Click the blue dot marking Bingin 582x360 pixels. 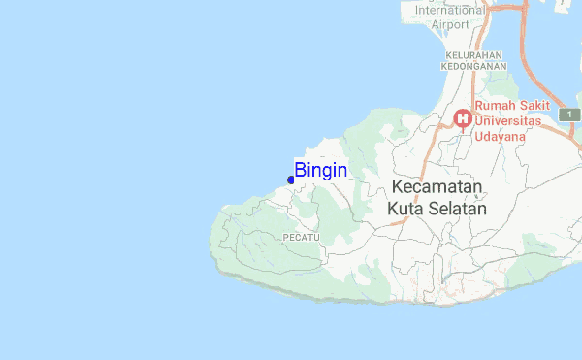(291, 180)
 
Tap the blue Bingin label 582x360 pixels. (321, 170)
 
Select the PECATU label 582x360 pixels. (301, 237)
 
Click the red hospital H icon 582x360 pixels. (463, 119)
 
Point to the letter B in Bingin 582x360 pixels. (301, 170)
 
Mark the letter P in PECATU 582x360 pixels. (286, 237)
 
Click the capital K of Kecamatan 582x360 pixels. (398, 187)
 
